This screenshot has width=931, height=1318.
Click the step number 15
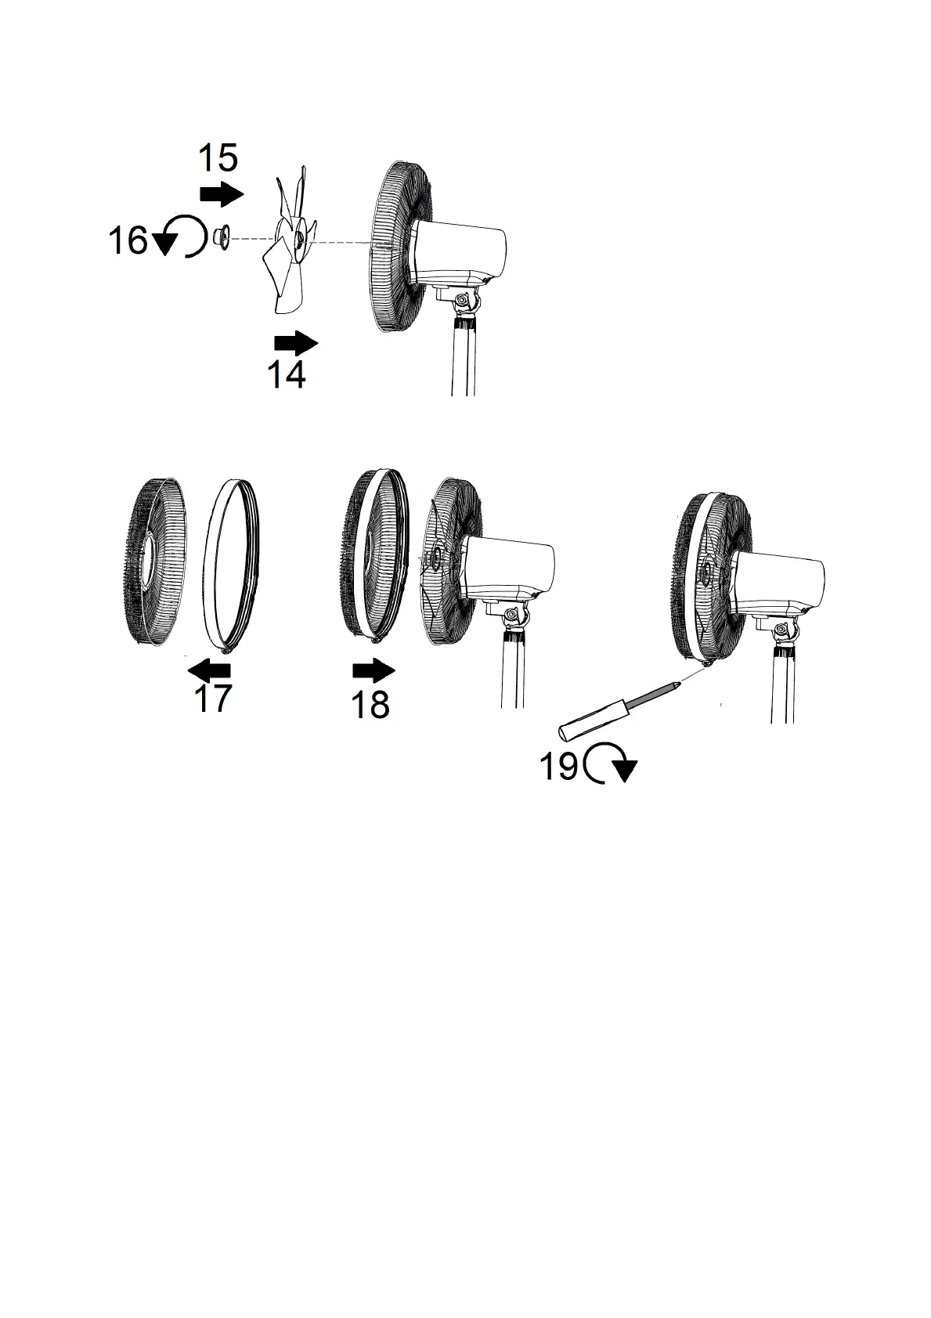(218, 158)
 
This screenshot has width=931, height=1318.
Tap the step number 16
(128, 240)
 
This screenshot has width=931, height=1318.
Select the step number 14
(287, 376)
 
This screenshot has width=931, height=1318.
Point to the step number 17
(213, 699)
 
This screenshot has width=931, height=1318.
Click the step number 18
(370, 705)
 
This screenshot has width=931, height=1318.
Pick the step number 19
(559, 765)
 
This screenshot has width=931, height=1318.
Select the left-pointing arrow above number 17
(210, 670)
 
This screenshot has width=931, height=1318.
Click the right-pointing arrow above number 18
(374, 670)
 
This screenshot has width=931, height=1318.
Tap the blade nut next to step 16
(220, 237)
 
